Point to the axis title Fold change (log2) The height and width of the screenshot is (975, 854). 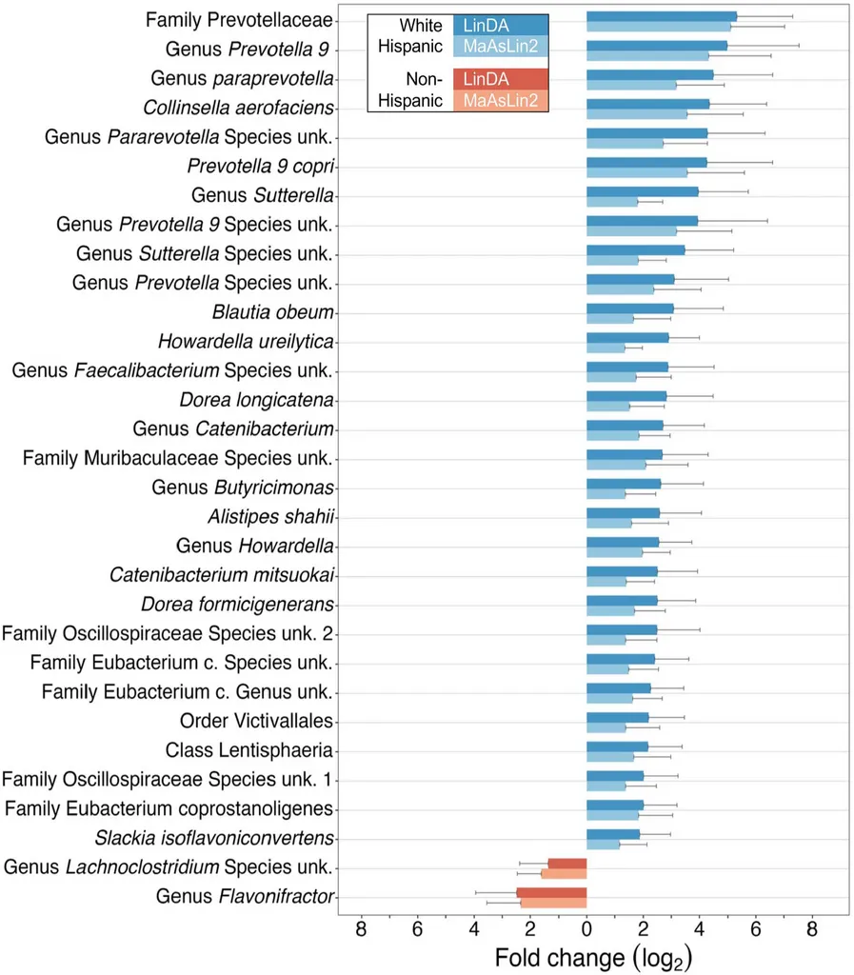592,956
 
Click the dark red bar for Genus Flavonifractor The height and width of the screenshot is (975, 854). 551,892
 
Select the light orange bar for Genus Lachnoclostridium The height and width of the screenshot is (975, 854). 564,873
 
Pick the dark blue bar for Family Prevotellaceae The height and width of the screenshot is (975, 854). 662,15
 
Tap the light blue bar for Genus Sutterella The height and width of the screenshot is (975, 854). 612,201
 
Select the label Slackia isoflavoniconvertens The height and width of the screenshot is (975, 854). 214,838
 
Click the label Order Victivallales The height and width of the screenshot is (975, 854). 256,720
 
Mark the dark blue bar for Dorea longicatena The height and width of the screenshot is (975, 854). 626,395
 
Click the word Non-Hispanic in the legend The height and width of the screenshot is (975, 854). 410,89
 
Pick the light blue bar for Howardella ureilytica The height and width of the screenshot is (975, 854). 606,348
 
